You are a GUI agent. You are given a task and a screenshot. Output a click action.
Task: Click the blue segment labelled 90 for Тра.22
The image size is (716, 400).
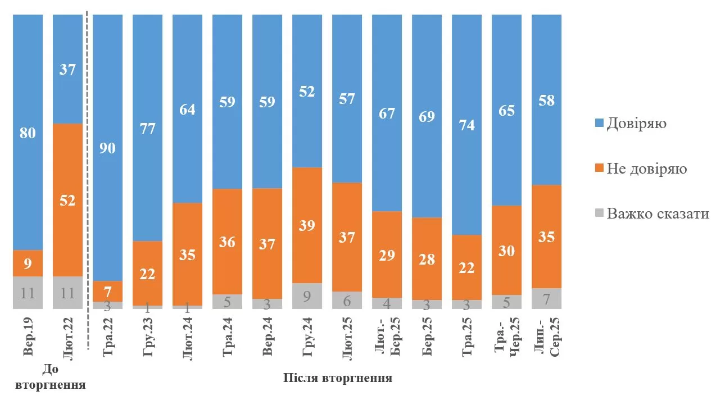(x=107, y=147)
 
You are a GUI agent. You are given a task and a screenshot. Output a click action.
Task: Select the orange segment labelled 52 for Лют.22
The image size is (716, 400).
(x=67, y=199)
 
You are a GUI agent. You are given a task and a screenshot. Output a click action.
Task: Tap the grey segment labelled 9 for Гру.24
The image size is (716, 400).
(x=307, y=296)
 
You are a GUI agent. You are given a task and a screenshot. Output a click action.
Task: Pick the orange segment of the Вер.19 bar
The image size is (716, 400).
(x=28, y=263)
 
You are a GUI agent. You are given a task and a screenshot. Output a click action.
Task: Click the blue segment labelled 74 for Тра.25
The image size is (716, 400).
(x=466, y=125)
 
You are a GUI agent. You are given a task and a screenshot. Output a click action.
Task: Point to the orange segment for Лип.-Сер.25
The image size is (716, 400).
(x=546, y=236)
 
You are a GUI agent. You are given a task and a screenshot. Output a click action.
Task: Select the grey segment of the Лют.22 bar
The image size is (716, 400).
(x=67, y=292)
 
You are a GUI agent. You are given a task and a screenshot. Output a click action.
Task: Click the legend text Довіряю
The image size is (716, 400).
(x=637, y=123)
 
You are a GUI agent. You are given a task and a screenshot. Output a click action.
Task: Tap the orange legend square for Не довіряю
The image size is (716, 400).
(x=599, y=169)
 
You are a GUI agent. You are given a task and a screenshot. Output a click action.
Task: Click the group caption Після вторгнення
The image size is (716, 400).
(x=337, y=378)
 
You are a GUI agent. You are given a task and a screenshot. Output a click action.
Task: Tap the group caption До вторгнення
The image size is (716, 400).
(x=50, y=378)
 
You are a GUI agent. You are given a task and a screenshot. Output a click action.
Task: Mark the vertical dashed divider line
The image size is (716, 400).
(x=88, y=169)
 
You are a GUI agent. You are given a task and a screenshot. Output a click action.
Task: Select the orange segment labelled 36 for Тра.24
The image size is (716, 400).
(x=227, y=242)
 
